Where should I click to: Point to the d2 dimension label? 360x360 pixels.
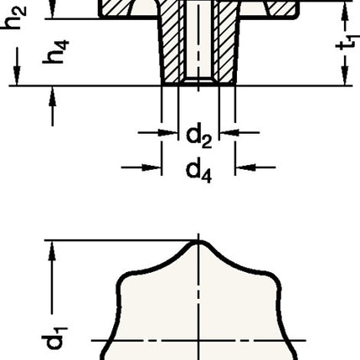[198, 134]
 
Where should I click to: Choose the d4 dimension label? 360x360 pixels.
[198, 172]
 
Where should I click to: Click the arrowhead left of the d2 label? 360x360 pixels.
[169, 131]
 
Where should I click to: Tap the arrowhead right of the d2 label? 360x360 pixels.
[226, 131]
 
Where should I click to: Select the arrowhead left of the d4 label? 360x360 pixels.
[155, 167]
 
